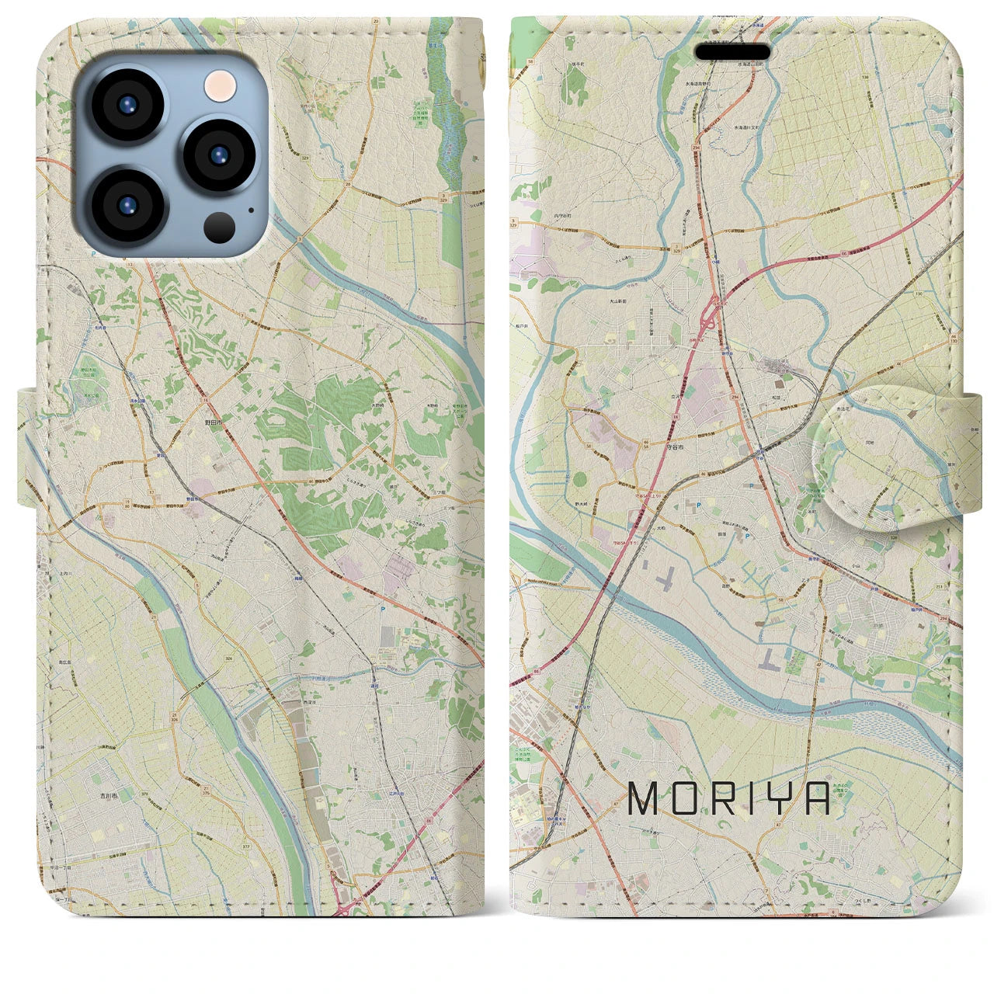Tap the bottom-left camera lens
127,205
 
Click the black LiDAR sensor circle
221,227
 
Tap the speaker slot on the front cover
732,51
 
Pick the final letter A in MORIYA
815,798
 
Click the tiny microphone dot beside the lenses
251,209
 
